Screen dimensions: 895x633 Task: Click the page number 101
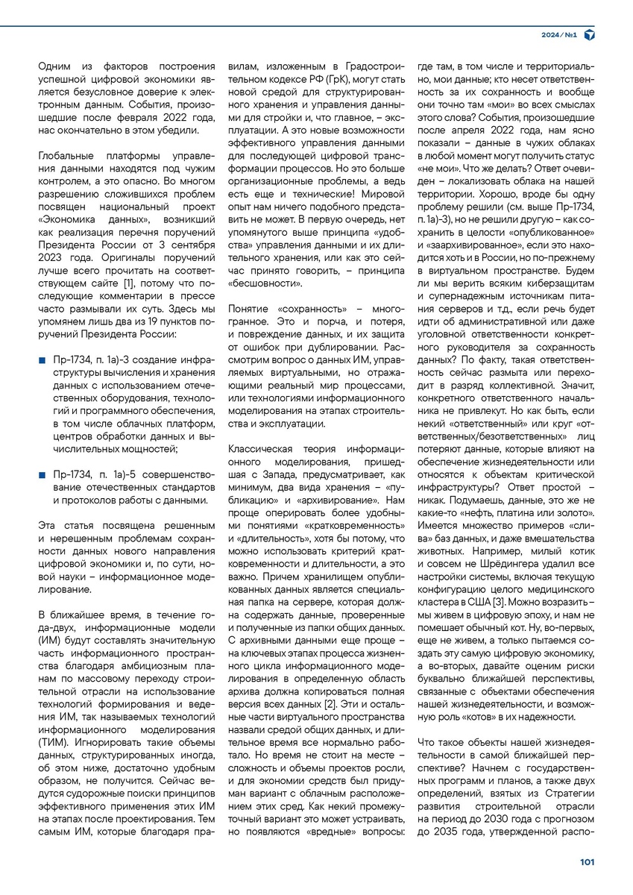tap(587, 862)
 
